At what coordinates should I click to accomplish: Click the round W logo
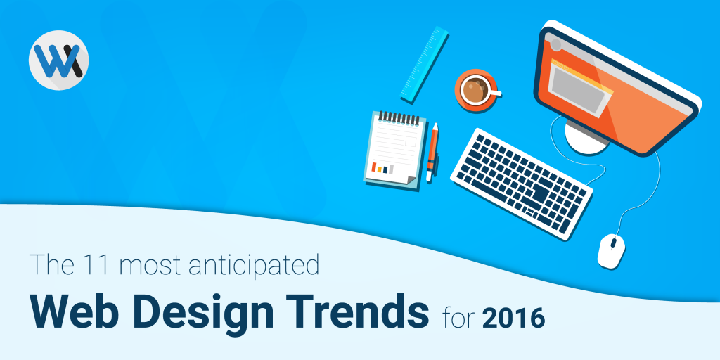59,60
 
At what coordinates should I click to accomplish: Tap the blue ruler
424,65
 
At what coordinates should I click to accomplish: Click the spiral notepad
394,149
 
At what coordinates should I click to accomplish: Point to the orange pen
432,152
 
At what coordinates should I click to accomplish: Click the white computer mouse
611,251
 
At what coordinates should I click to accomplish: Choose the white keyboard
521,184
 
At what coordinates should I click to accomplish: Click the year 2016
513,317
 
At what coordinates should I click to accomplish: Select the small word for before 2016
460,317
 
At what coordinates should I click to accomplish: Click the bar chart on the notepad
382,168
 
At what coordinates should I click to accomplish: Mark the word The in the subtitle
50,266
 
